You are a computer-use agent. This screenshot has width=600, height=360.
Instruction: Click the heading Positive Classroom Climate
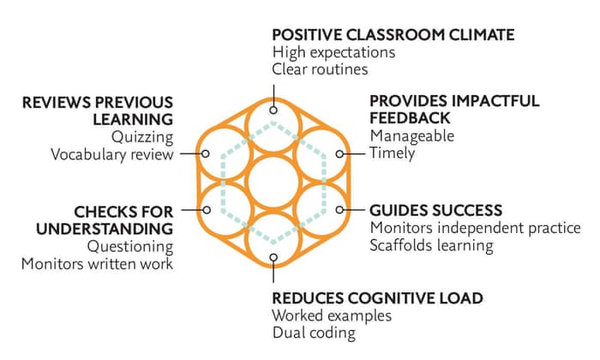click(x=393, y=35)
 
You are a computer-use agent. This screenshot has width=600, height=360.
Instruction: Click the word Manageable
click(x=411, y=136)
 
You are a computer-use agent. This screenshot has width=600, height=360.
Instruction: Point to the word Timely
click(x=392, y=154)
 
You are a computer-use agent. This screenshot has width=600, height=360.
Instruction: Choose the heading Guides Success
click(x=435, y=210)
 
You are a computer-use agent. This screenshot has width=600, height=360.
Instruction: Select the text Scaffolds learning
click(x=431, y=246)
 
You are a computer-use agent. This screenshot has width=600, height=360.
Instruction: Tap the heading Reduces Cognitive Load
click(x=377, y=298)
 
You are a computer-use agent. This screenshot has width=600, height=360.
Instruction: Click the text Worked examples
click(x=332, y=316)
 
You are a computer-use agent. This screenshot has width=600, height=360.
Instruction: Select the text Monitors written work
click(x=98, y=264)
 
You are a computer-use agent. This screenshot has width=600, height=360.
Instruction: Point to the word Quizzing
click(x=142, y=136)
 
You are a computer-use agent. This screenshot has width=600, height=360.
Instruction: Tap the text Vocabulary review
click(x=111, y=154)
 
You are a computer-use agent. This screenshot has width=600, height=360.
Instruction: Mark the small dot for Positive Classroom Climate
click(x=273, y=110)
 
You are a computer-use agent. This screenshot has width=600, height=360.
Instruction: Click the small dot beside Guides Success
click(x=339, y=209)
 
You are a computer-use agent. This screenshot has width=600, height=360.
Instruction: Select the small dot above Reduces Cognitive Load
click(x=273, y=255)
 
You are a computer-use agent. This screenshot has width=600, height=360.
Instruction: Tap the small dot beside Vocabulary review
click(x=206, y=154)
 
